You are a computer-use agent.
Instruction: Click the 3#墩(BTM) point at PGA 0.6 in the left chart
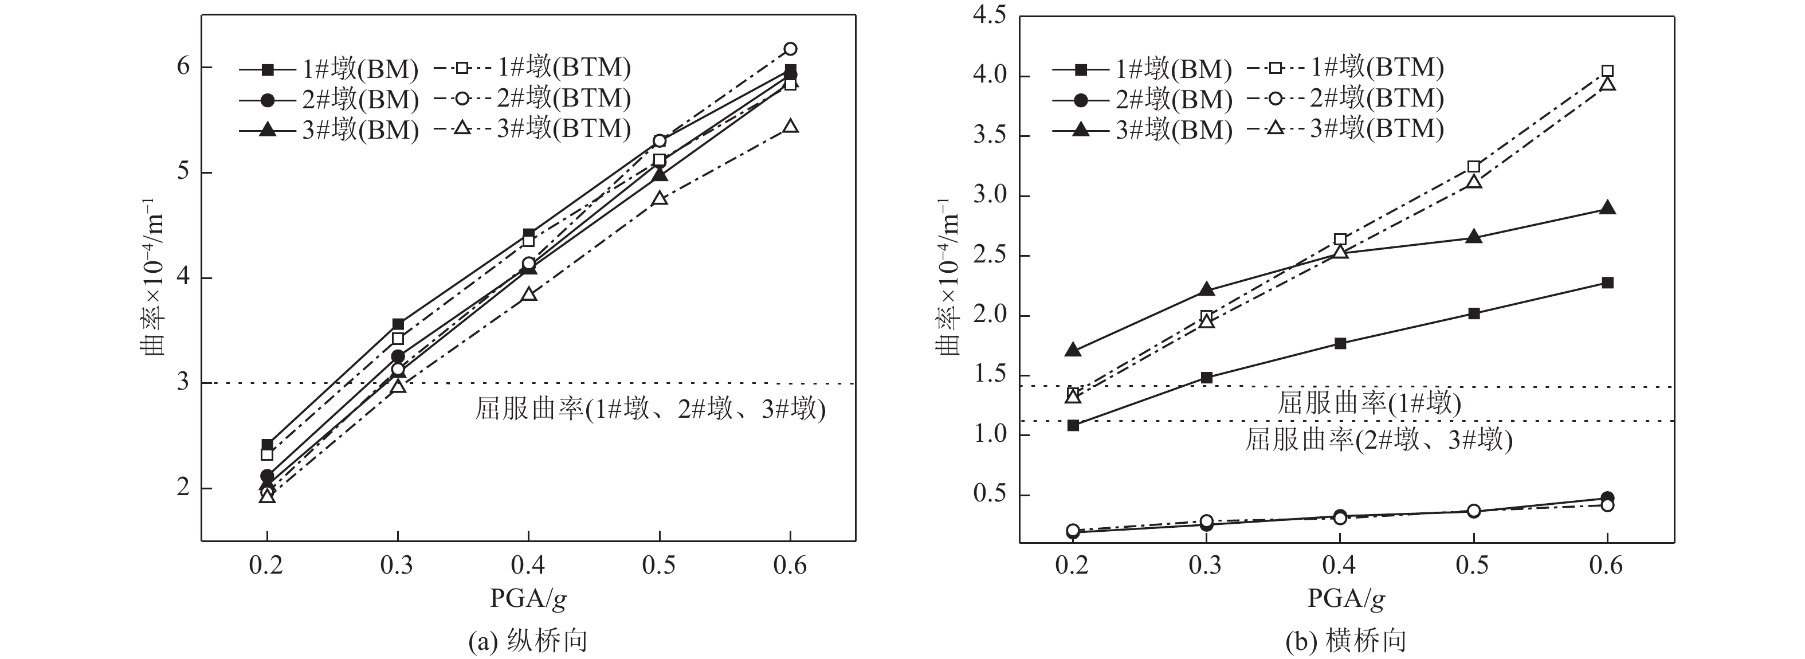click(790, 126)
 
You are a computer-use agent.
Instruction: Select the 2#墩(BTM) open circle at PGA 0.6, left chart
click(790, 48)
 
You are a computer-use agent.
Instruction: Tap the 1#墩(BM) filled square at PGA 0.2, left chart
click(267, 445)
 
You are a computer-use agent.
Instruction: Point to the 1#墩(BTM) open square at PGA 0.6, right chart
click(1608, 71)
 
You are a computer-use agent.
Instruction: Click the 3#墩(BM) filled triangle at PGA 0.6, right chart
click(1608, 208)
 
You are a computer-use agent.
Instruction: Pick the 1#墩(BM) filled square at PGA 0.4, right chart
click(1340, 343)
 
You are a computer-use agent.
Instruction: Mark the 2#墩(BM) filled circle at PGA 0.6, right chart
click(1608, 498)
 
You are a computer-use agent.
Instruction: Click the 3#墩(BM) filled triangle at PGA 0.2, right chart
click(1073, 350)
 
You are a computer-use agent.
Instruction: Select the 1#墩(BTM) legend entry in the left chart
click(532, 68)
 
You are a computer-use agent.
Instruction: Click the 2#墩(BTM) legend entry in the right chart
click(1345, 98)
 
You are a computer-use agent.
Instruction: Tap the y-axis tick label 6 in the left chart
click(183, 66)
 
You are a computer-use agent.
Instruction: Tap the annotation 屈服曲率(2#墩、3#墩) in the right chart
click(1378, 440)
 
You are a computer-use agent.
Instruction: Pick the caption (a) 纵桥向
click(528, 641)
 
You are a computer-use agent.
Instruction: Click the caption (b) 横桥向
click(1346, 641)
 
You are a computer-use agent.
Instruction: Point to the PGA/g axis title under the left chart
click(528, 598)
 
